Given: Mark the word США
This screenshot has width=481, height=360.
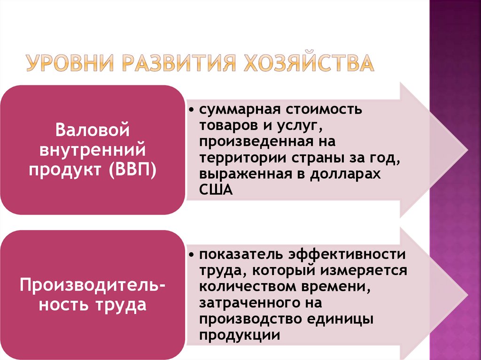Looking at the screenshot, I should [216, 190].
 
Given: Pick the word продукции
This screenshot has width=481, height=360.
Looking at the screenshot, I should [240, 335].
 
